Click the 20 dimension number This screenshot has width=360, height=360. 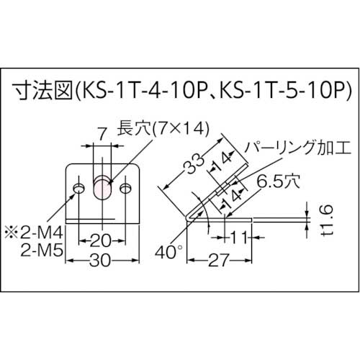pyautogui.click(x=101, y=240)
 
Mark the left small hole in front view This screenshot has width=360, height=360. pyautogui.click(x=77, y=189)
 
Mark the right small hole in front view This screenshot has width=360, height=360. pyautogui.click(x=126, y=189)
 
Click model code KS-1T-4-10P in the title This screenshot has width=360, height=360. pyautogui.click(x=135, y=92)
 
